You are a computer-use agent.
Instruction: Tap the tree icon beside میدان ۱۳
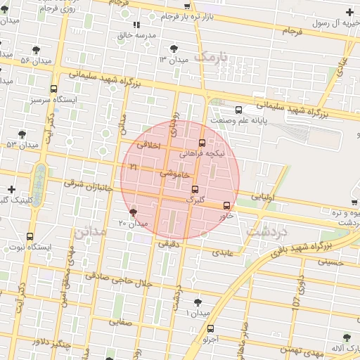tap(174, 49)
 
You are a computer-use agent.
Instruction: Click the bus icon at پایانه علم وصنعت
tap(238, 110)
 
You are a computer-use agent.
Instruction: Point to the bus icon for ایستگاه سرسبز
tap(54, 89)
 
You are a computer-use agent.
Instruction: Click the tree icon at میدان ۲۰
tap(133, 212)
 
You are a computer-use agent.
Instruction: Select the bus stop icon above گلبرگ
tap(195, 188)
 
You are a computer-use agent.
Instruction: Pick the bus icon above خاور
tap(226, 205)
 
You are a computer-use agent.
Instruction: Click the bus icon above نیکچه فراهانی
tap(202, 142)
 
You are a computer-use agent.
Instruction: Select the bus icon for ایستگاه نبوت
tap(30, 237)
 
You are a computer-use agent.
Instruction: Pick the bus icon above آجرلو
tap(210, 328)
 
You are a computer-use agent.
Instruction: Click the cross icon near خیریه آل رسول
tap(349, 12)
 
